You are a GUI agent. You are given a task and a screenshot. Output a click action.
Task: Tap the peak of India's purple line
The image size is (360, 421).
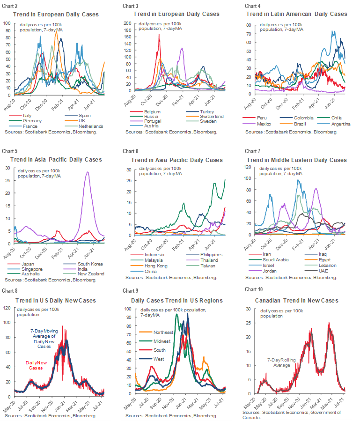tap(88, 172)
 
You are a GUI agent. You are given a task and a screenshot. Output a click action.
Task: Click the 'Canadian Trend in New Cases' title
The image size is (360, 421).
tap(295, 300)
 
